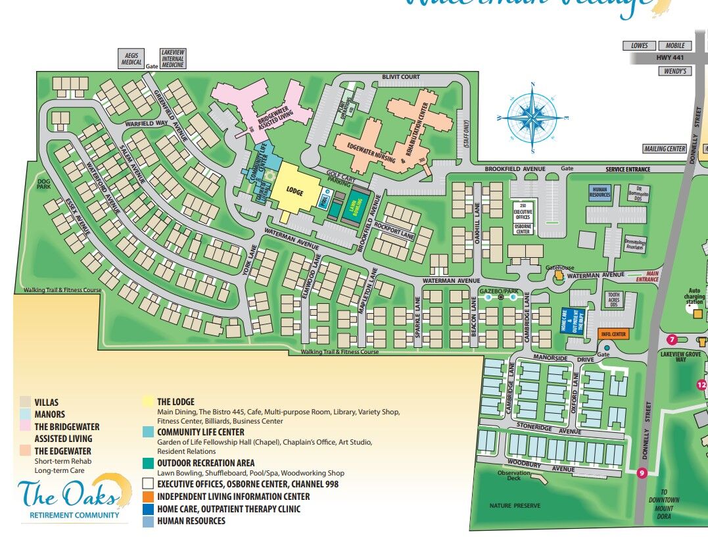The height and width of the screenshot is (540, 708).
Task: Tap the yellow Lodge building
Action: point(296,189)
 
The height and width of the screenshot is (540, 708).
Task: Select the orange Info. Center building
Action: point(613,334)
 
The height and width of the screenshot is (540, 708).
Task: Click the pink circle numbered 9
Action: point(642,472)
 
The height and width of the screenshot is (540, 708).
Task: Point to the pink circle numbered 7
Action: point(672,339)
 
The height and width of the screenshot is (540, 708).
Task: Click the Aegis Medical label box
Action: point(131,59)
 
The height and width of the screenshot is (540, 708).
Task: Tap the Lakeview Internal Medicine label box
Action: point(173,58)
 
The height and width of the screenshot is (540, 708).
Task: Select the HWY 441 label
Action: point(665,58)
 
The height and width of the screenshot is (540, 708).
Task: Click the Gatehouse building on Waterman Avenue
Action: point(559,276)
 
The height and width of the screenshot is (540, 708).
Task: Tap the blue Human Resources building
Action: point(600,192)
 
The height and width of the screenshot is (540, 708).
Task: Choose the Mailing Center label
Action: point(665,149)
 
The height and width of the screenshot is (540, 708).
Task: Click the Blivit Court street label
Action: point(400,77)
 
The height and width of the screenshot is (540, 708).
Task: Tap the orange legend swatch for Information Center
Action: point(149,497)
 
